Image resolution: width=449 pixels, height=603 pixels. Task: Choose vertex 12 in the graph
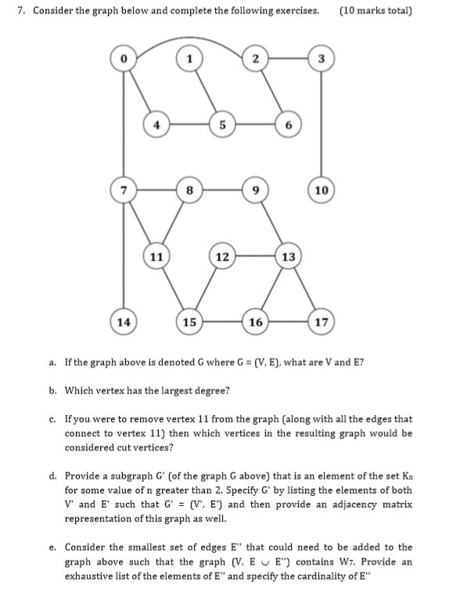pos(223,255)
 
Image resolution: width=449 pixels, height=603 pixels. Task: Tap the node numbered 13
pos(288,255)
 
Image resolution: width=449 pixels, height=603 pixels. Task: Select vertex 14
pos(123,321)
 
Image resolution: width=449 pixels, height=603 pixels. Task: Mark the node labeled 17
pos(320,321)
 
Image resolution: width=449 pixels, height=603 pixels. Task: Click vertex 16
pos(255,321)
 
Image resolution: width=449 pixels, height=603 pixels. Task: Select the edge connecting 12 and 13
pos(255,255)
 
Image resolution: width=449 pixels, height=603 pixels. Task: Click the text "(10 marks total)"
pos(376,12)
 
